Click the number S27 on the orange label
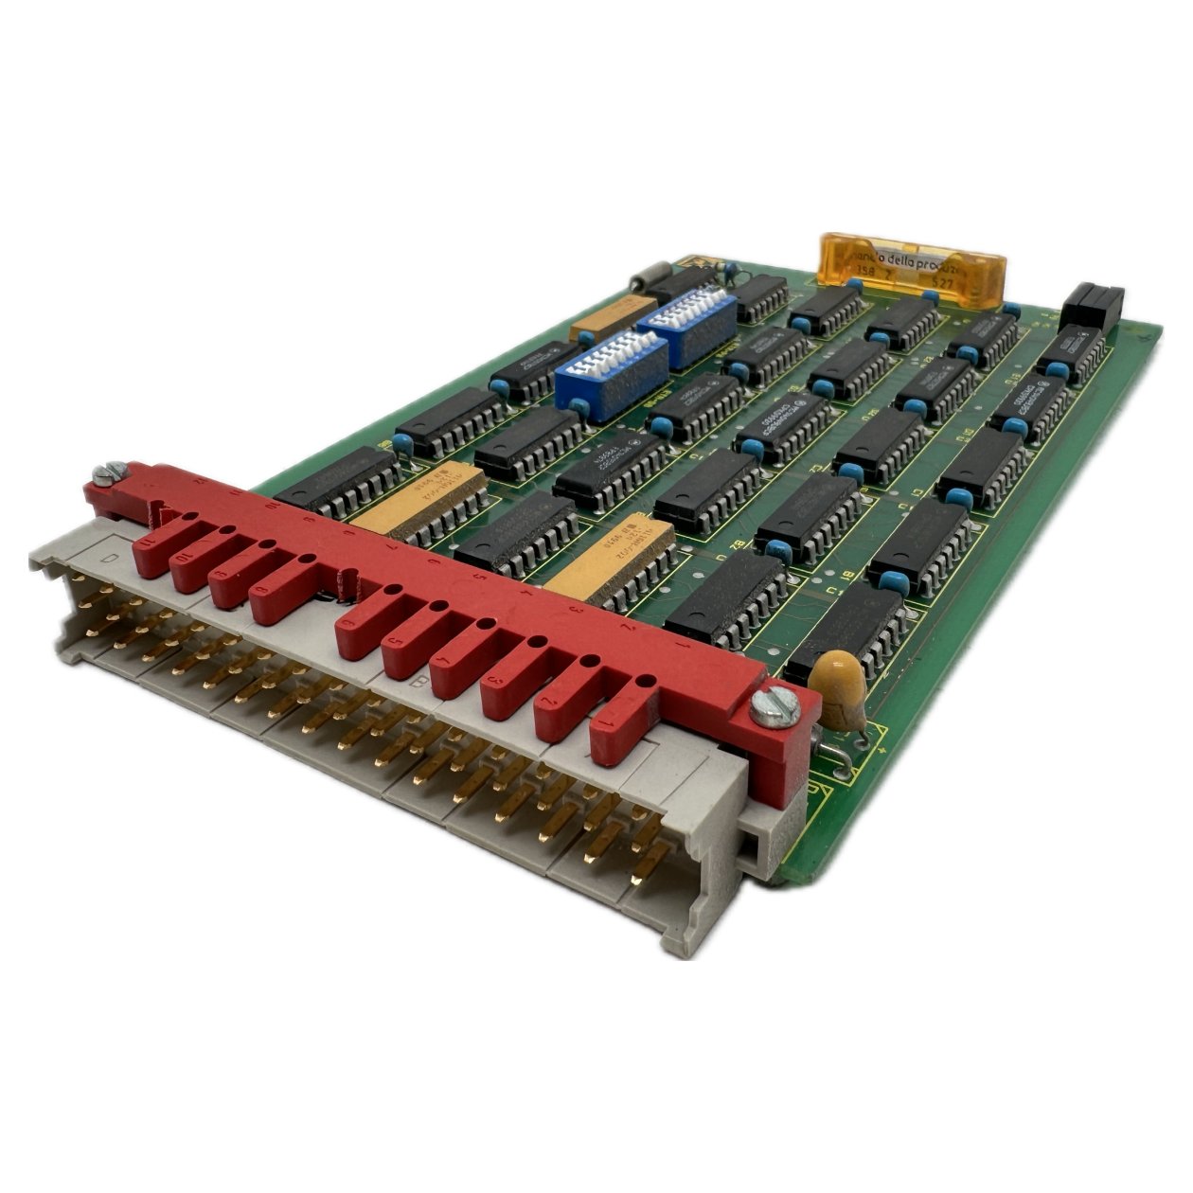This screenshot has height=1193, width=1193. [942, 281]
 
